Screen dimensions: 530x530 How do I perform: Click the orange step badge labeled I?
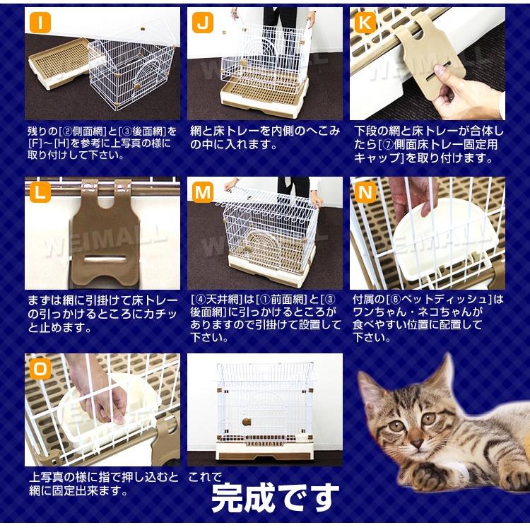40,23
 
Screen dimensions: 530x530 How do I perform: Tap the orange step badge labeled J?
204,23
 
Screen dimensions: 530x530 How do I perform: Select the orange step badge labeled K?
365,23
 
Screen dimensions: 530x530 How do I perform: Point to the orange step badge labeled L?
40,192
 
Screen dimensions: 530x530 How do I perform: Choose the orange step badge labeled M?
204,192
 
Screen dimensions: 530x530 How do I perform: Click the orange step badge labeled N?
365,192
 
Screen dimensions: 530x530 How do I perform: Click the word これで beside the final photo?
205,476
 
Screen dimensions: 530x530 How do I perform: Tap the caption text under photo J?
265,138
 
